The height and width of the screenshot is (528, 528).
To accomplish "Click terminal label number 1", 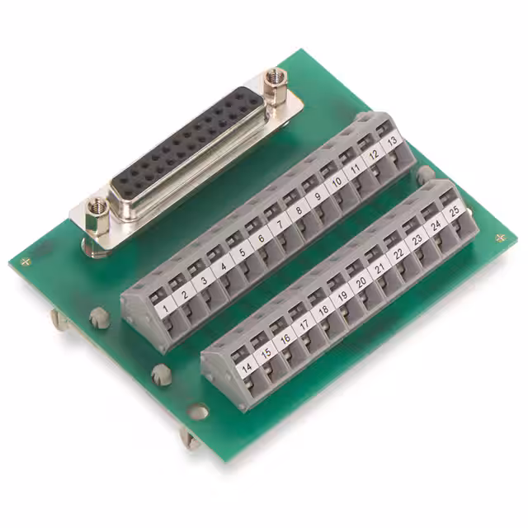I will coord(167,309).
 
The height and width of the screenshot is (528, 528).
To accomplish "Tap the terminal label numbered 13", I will coord(393,142).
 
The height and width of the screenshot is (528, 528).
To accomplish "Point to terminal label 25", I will coord(454,212).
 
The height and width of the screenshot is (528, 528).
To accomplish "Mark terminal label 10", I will coord(337,183).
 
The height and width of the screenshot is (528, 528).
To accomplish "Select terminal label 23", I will coord(417,240).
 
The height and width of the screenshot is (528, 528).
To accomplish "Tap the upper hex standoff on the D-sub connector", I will coord(274,82).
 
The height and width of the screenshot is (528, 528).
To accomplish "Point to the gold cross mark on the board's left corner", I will coord(27,262).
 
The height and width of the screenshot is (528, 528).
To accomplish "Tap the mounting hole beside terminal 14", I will coord(198,409).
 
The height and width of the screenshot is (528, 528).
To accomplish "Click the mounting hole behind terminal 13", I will coord(425,174).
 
